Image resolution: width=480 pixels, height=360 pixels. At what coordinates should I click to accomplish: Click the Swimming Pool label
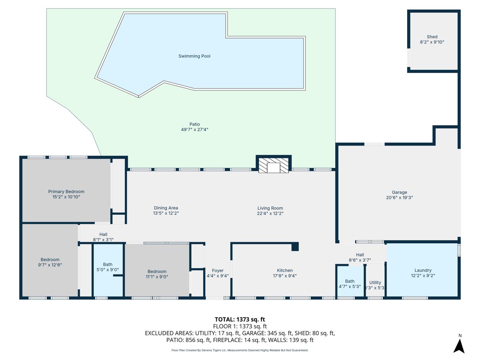pos(194,56)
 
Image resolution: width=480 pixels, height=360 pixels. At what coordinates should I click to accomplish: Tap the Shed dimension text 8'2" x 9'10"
pos(432,42)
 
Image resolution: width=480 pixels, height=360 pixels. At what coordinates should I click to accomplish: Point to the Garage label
pos(399,192)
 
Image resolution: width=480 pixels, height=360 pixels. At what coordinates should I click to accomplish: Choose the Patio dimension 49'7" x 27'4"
pos(194,129)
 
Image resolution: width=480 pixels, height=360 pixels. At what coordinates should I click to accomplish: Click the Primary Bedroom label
pos(66,192)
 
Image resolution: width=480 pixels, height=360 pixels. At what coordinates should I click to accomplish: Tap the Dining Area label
pos(166,208)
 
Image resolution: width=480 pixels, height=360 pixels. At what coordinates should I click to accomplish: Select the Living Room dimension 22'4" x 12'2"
pos(270,213)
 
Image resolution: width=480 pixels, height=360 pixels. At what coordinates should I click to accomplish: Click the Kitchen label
pos(285,270)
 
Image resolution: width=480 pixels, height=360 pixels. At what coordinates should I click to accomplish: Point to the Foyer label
pos(218,271)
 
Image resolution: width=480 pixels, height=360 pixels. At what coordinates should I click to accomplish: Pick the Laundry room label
pos(423,270)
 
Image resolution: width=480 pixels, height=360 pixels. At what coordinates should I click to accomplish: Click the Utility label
pos(375,282)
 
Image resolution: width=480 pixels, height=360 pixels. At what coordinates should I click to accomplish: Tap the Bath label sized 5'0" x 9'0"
pos(108,264)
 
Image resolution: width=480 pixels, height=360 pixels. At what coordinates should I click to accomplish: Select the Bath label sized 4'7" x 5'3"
pos(350,281)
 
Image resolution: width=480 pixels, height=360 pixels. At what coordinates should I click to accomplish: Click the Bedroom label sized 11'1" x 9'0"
pos(157,272)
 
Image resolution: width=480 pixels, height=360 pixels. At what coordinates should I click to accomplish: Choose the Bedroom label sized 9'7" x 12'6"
pos(50,260)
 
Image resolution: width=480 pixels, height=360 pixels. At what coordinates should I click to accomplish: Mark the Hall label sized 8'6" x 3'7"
pos(360,255)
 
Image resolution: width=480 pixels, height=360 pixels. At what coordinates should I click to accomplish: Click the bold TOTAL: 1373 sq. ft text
pos(240,319)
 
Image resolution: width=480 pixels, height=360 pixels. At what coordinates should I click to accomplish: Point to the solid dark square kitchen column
pos(295,247)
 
